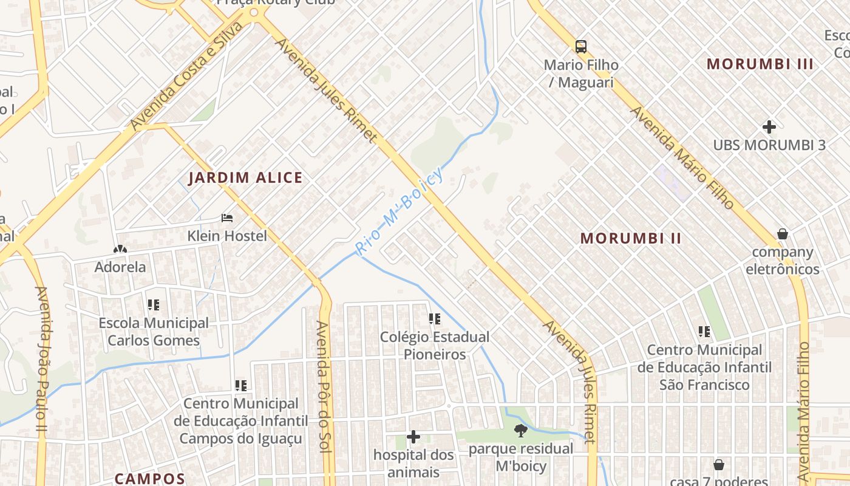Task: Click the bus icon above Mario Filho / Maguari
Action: click(581, 47)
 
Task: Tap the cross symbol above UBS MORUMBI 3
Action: click(769, 127)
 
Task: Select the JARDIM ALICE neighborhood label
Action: click(245, 178)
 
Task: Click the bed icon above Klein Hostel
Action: click(227, 217)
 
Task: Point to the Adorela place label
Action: click(120, 267)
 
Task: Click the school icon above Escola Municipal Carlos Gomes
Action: click(154, 304)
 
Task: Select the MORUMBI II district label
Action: click(631, 238)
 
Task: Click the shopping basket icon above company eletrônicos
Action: click(783, 234)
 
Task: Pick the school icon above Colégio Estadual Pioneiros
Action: click(435, 318)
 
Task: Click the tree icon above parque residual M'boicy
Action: click(520, 431)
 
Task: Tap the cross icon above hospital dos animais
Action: click(413, 437)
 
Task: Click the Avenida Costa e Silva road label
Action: click(186, 77)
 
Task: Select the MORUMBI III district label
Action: click(760, 64)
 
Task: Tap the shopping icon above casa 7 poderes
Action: click(719, 465)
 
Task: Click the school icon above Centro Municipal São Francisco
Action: click(704, 332)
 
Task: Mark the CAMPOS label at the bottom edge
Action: click(149, 479)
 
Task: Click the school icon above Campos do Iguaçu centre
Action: click(241, 385)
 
